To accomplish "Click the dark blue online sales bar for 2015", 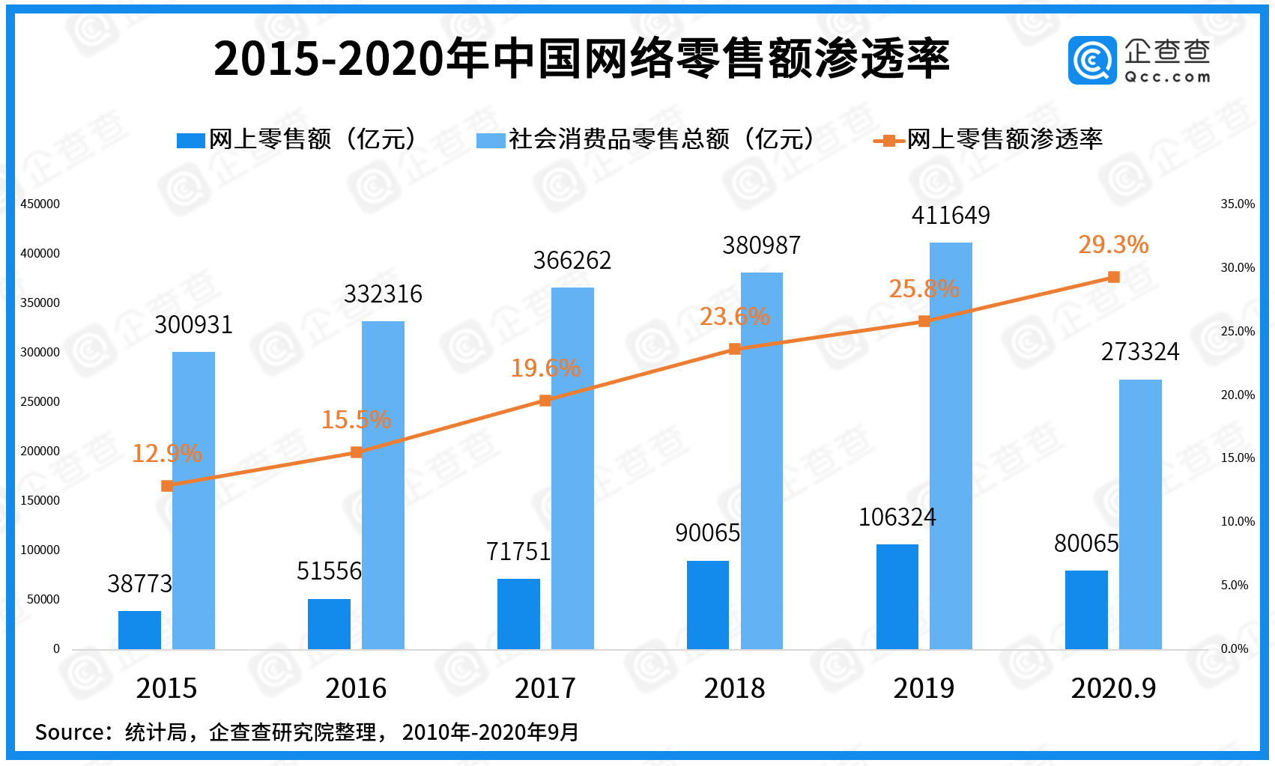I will [x=139, y=630].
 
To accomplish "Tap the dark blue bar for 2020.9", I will [x=1086, y=610].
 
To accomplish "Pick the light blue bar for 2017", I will [x=572, y=468].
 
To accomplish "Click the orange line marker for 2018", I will [x=735, y=349].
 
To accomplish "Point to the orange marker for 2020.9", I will [x=1114, y=277].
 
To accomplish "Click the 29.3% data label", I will [x=1113, y=245].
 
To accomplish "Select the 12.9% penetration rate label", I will [x=166, y=454].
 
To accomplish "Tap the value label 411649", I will [x=951, y=216].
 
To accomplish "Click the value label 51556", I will [x=329, y=571].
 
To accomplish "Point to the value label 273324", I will [x=1140, y=352].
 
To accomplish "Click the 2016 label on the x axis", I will [x=356, y=688].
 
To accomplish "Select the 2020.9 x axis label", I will [x=1113, y=688].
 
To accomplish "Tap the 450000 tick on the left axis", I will [x=40, y=204].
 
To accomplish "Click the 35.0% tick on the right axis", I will [x=1238, y=204].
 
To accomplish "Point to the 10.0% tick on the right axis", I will [x=1238, y=521].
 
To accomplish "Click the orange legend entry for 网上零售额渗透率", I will [x=989, y=139].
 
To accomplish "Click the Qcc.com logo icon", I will [x=1092, y=60].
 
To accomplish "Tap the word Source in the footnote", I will [x=67, y=732].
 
